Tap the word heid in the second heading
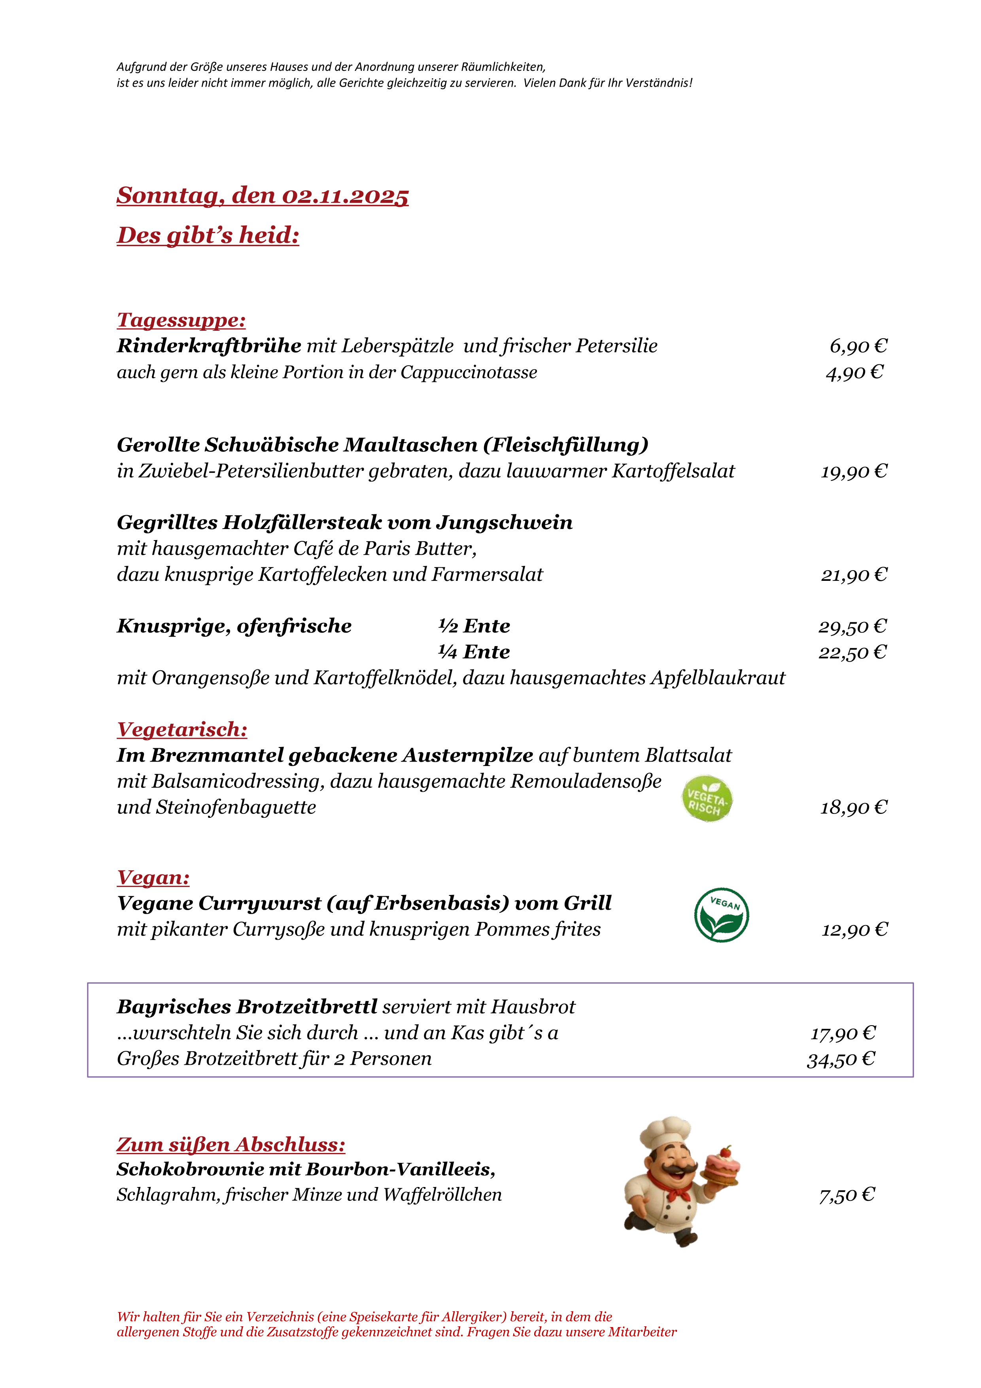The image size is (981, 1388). [x=268, y=236]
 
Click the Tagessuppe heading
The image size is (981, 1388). [x=181, y=320]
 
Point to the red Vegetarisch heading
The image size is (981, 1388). [x=182, y=730]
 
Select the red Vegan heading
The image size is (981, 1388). [x=153, y=877]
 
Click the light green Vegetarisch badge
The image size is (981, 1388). [x=707, y=798]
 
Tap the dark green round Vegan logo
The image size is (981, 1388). [x=721, y=915]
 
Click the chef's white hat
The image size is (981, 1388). [x=664, y=1132]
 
